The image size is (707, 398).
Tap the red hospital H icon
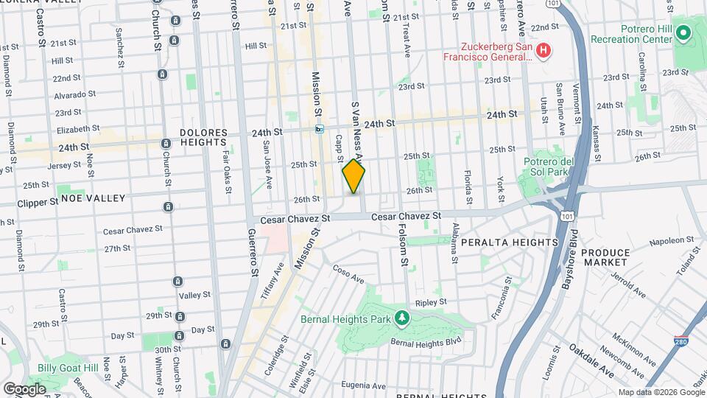(x=543, y=50)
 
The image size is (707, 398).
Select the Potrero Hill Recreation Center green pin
(x=683, y=32)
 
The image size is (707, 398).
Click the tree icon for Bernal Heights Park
(x=401, y=318)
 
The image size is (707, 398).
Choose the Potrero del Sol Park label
(x=548, y=167)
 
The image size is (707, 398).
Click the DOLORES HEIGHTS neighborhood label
(x=203, y=137)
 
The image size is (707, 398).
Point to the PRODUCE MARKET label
(x=605, y=257)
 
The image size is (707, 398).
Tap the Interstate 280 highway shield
(x=681, y=342)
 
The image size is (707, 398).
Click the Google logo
(x=25, y=388)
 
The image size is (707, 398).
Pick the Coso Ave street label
(x=348, y=274)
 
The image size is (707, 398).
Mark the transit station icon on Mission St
(x=320, y=129)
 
